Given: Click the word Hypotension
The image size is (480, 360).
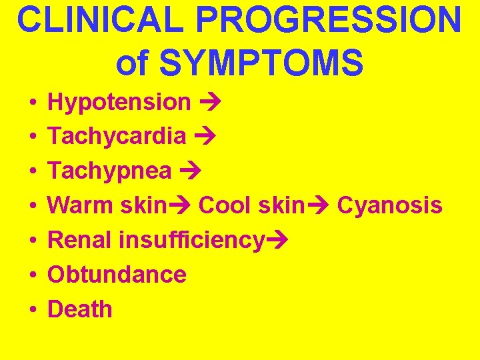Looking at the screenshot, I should pyautogui.click(x=119, y=102).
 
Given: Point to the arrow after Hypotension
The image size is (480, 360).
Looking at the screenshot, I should pyautogui.click(x=210, y=102).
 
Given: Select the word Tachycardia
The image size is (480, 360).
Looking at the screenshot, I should pyautogui.click(x=117, y=137).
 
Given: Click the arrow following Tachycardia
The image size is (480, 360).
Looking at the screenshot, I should pyautogui.click(x=205, y=137).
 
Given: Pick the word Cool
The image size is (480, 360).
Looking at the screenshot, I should pyautogui.click(x=223, y=205).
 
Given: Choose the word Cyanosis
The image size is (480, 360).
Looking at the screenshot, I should pyautogui.click(x=389, y=205).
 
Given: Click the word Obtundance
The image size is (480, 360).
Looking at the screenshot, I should pyautogui.click(x=117, y=275).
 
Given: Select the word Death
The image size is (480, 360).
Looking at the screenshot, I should pyautogui.click(x=80, y=309).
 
